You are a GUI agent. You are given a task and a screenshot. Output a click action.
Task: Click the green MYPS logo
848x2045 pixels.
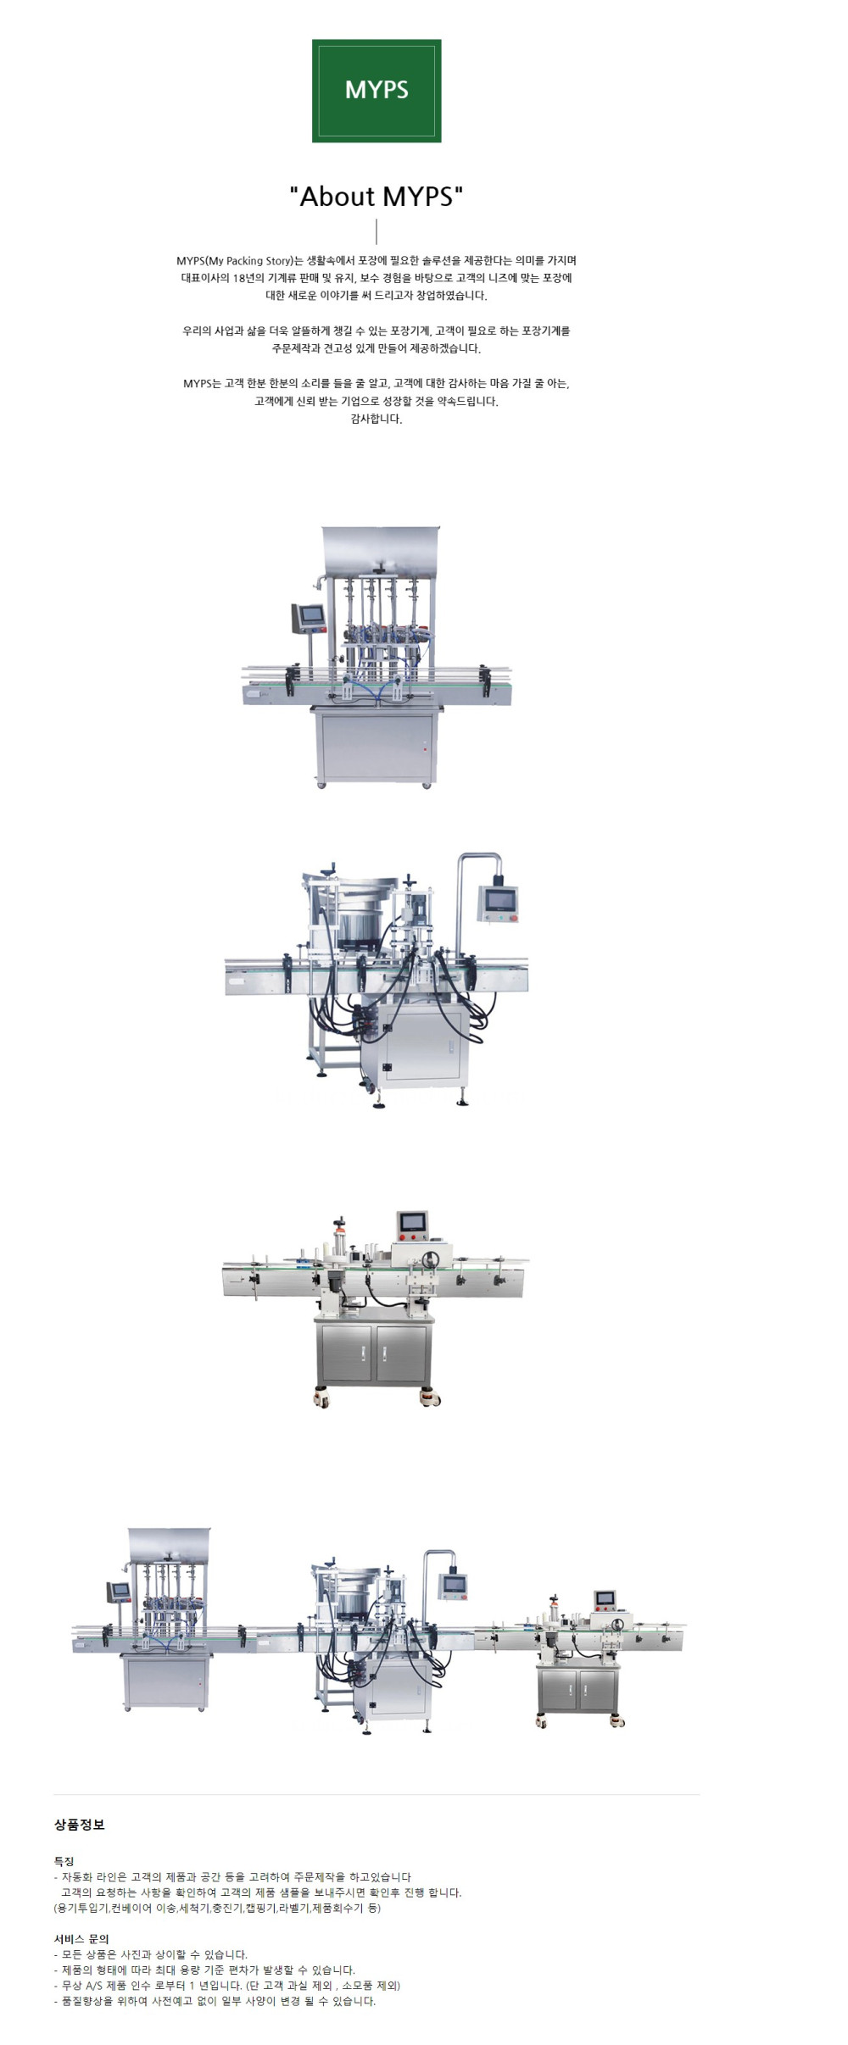(377, 91)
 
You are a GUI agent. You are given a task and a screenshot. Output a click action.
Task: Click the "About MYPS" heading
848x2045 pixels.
(377, 197)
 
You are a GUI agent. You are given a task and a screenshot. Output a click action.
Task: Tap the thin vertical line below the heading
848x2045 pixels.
(377, 231)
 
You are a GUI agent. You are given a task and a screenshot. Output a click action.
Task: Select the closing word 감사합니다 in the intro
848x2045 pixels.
(377, 419)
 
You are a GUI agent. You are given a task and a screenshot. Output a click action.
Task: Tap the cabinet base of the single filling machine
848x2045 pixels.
(377, 745)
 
